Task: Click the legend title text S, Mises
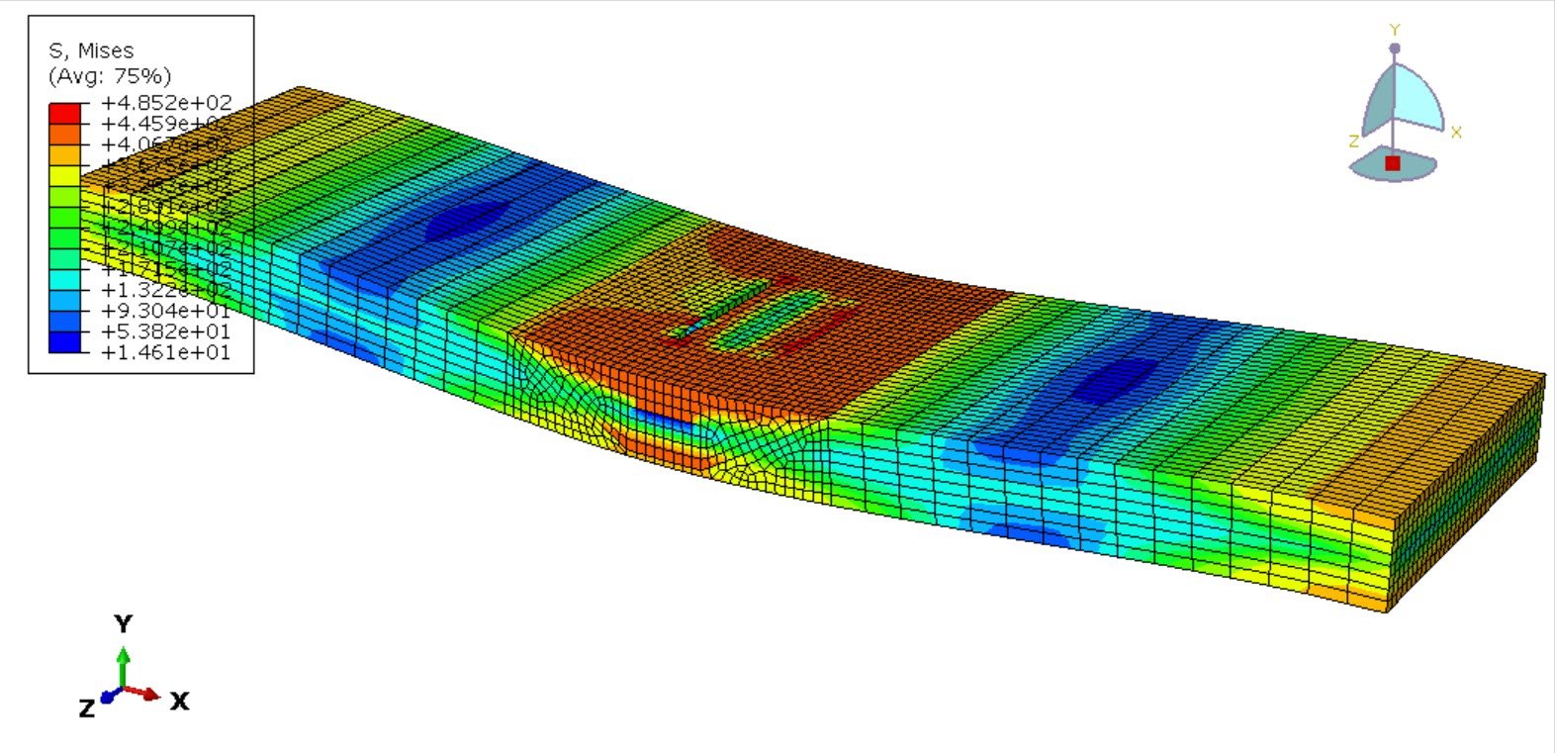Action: (91, 50)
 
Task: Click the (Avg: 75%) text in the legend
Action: (109, 76)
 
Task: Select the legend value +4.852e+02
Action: (166, 103)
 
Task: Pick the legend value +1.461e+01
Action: (166, 352)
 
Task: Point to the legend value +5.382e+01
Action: (166, 331)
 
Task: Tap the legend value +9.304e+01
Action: (166, 311)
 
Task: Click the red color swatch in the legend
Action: (64, 113)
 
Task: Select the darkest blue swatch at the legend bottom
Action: (64, 342)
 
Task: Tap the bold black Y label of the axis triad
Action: (123, 624)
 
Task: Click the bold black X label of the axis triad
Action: (179, 702)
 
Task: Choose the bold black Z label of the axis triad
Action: (87, 707)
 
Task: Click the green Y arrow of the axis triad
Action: (123, 663)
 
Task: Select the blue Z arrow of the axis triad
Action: (108, 697)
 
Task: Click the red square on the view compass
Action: (1393, 163)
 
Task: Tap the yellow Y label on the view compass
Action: (1395, 31)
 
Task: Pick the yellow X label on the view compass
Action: (1456, 133)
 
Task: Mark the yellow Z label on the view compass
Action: (1353, 141)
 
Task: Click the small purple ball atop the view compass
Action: (1395, 47)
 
